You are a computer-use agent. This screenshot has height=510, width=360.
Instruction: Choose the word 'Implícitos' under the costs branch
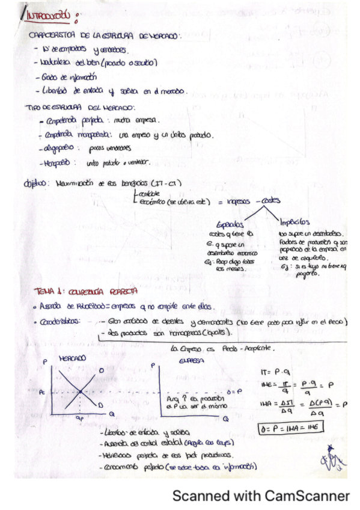click(294, 222)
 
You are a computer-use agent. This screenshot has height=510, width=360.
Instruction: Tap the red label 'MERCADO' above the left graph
click(72, 357)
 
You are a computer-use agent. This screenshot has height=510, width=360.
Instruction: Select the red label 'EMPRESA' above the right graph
click(191, 361)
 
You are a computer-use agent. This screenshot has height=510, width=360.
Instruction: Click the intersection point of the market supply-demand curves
click(81, 392)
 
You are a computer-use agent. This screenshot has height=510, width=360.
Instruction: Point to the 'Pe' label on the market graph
click(41, 392)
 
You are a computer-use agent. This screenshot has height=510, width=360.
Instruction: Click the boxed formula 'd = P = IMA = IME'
click(290, 428)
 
